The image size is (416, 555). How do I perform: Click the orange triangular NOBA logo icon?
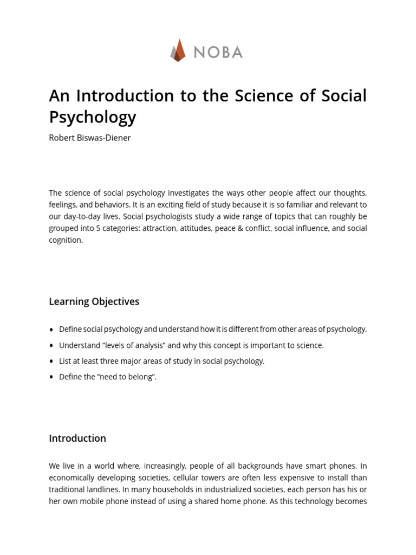pos(178,50)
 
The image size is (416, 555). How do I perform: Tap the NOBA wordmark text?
pos(218,52)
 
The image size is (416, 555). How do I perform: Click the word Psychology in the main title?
pos(93,117)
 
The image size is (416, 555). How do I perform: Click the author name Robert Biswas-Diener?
pos(90,138)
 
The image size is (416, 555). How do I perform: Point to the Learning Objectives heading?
pos(94,302)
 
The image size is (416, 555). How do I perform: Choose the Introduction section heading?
pos(77,438)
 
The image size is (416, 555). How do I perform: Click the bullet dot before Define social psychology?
pos(51,330)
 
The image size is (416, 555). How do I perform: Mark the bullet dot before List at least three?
pos(51,362)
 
